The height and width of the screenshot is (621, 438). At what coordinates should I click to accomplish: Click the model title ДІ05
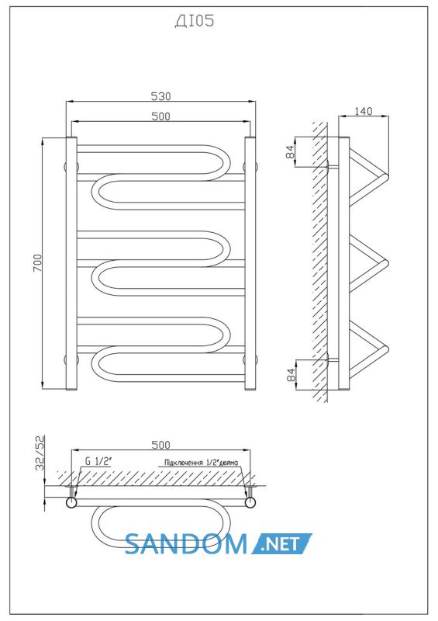pos(195,21)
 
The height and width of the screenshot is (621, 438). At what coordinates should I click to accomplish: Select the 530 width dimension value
pos(161,96)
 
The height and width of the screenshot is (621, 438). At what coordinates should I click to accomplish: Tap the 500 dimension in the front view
pos(161,116)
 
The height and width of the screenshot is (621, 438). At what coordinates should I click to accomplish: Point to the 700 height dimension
pos(36,262)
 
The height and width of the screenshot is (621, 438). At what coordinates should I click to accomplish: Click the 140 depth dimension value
pos(363,111)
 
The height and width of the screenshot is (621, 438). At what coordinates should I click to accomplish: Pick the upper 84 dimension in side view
pos(291,151)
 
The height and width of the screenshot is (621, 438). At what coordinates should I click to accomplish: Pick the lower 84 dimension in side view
pos(291,375)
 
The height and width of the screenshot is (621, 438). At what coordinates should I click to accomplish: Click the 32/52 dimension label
pos(40,453)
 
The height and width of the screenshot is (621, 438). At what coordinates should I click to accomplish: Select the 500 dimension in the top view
pos(161,445)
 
